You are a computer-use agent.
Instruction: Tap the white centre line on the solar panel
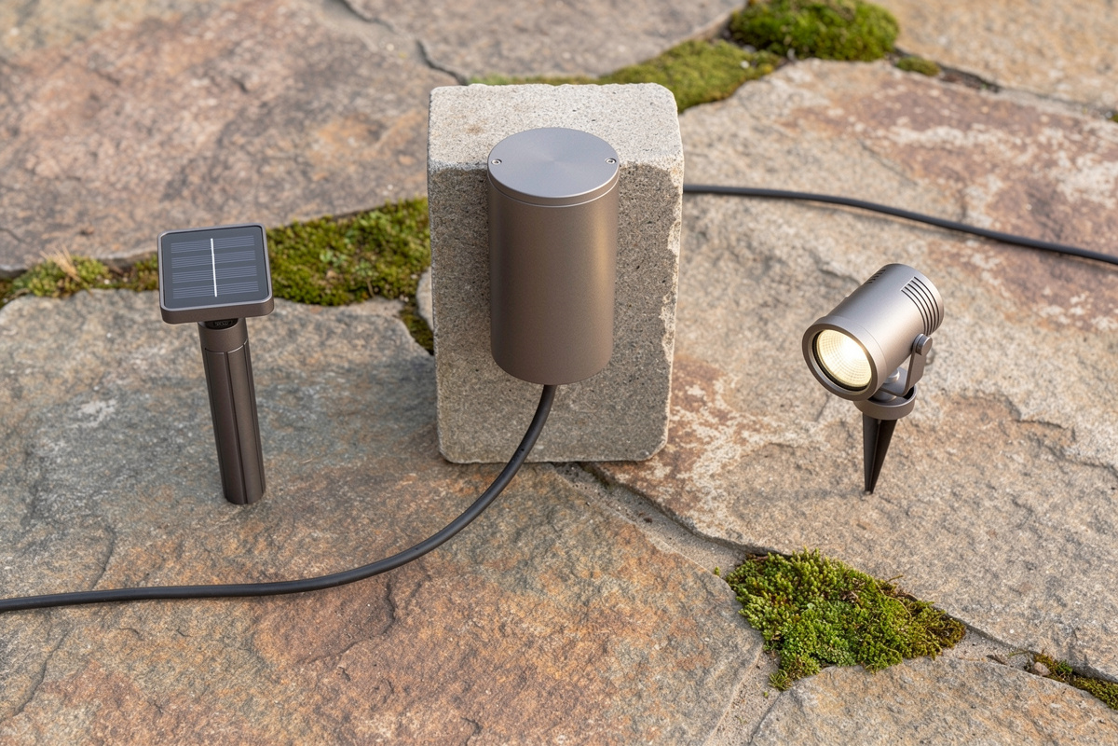click(213, 267)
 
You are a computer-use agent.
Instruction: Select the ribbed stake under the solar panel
click(233, 420)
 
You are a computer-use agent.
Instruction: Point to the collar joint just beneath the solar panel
click(222, 329)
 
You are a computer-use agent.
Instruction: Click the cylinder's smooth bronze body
click(553, 280)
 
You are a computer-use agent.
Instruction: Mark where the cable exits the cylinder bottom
click(551, 387)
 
